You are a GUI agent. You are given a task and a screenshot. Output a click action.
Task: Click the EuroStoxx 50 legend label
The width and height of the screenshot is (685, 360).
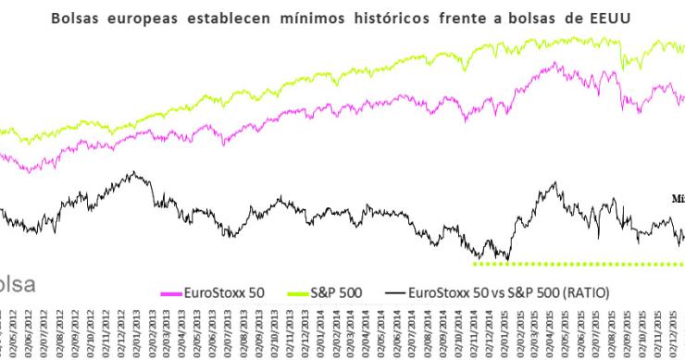226,292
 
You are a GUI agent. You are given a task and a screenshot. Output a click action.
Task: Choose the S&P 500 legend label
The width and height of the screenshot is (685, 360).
334,292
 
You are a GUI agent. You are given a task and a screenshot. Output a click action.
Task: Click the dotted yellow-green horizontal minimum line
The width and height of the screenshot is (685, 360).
574,264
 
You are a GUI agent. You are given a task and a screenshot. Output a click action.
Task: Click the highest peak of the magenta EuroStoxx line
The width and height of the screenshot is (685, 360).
554,63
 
